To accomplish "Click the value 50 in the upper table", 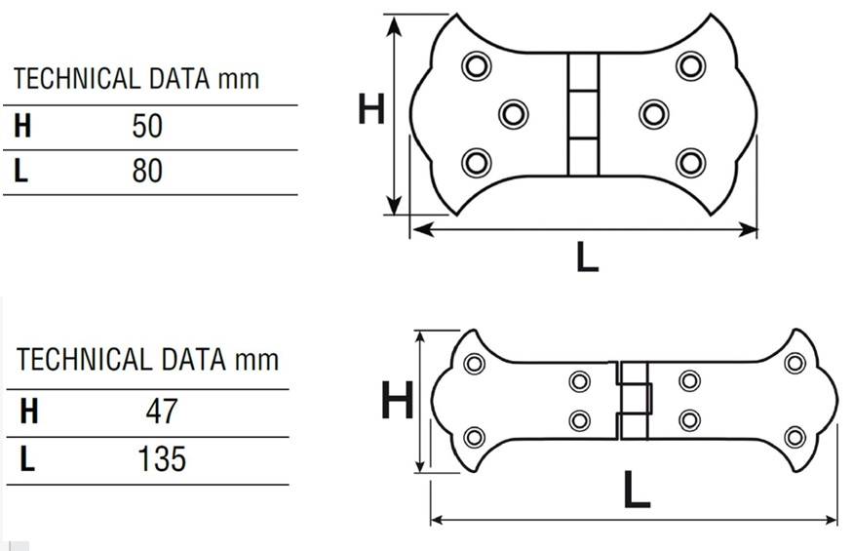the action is click(147, 126).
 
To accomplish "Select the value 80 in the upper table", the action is click(147, 171).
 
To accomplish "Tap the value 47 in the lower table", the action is click(162, 412).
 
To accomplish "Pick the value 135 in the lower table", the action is click(162, 459).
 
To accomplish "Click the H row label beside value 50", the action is click(22, 126).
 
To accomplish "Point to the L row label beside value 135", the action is click(27, 459).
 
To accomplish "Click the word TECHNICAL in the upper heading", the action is click(77, 78).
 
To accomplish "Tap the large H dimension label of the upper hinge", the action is click(371, 108).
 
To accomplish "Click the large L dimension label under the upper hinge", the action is click(588, 257).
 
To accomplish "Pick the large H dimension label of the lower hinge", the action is click(398, 399).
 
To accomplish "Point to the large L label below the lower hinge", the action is click(637, 489).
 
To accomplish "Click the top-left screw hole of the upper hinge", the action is click(476, 66).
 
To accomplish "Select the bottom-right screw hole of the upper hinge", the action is click(691, 162).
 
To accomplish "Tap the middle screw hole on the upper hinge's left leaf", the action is click(513, 114).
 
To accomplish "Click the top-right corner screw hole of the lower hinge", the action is click(795, 363).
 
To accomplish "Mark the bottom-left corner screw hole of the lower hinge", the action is click(474, 437).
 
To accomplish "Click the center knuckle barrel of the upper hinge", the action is click(583, 114).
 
